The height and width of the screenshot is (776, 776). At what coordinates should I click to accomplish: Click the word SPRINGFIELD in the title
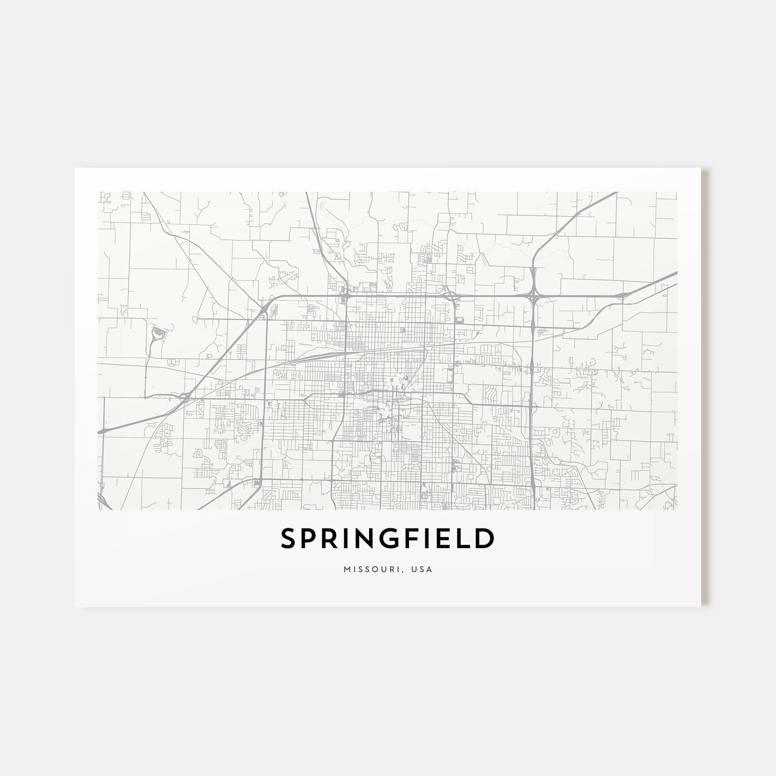click(x=387, y=539)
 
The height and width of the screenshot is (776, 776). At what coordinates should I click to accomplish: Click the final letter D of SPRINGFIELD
click(x=484, y=539)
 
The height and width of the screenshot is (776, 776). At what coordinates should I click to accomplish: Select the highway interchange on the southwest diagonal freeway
click(x=185, y=396)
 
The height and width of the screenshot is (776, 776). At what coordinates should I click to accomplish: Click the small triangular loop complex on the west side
click(x=157, y=333)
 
